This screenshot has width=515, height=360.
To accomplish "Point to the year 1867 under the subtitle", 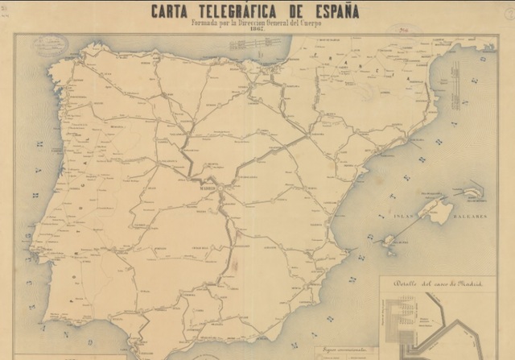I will click(x=257, y=31).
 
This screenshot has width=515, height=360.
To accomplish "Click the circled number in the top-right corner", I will click(x=509, y=14).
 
